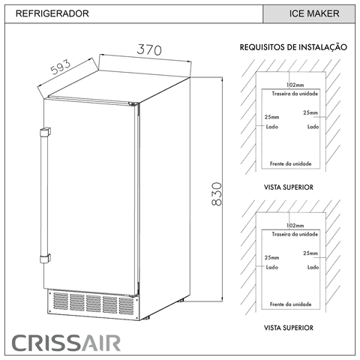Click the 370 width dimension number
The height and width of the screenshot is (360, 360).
(149, 49)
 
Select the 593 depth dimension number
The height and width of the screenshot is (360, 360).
(61, 67)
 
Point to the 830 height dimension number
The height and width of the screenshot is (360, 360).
(217, 194)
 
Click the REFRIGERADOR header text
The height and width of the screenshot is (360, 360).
(52, 13)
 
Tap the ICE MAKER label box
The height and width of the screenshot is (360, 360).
(309, 13)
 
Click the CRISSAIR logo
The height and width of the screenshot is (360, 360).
(66, 343)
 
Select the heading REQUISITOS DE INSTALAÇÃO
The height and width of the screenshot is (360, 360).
(293, 47)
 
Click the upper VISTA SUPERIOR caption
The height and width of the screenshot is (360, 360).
(289, 187)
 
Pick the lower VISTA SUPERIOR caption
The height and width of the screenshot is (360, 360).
(289, 328)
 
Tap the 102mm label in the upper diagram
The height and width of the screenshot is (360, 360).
(295, 85)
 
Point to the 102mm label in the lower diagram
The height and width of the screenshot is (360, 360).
(295, 226)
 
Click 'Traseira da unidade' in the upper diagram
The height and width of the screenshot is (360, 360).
(295, 94)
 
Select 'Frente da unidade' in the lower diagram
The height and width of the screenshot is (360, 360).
(291, 304)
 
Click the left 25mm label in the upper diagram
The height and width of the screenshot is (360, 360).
(272, 117)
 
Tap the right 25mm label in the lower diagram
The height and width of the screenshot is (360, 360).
(310, 253)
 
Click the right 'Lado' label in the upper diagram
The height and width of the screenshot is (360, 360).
(313, 127)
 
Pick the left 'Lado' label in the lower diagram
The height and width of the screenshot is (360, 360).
(272, 267)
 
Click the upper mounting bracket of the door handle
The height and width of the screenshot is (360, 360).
(45, 132)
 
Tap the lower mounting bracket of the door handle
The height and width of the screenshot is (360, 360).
(45, 258)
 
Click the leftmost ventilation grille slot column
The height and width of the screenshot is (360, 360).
(61, 301)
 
